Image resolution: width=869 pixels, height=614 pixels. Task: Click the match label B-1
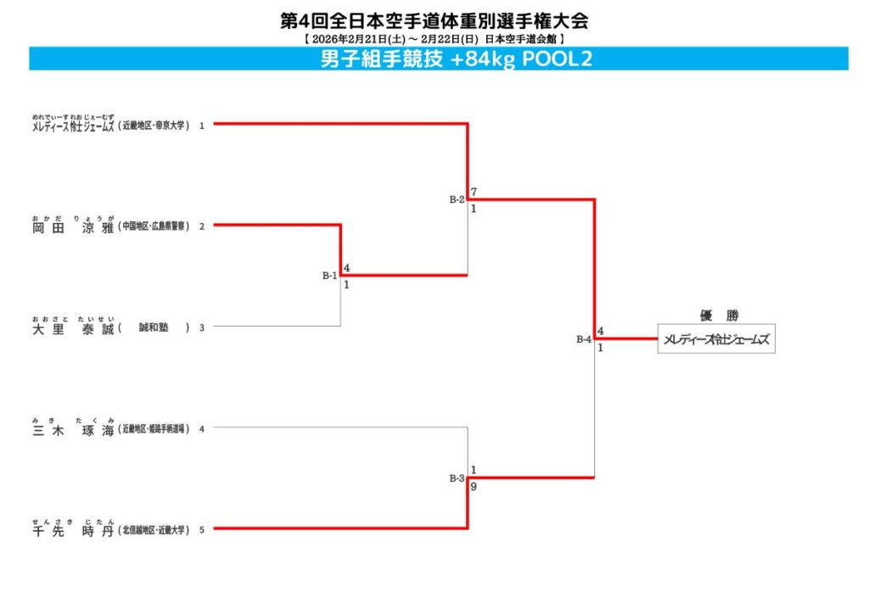329,276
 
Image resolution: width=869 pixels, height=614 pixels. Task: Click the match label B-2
457,199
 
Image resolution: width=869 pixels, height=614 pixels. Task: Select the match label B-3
457,478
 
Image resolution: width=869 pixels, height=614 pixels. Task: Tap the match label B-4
584,339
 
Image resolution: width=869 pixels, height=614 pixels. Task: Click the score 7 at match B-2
474,192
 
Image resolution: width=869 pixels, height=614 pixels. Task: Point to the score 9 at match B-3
474,487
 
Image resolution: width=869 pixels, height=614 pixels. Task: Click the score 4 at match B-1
346,268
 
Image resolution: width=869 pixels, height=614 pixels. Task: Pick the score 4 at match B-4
600,331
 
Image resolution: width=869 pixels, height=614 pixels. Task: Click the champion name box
716,339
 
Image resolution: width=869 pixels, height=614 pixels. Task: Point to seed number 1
202,126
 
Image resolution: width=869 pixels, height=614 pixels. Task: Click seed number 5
202,530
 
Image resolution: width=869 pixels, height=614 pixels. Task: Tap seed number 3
202,328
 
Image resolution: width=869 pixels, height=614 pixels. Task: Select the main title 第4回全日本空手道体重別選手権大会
434,20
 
